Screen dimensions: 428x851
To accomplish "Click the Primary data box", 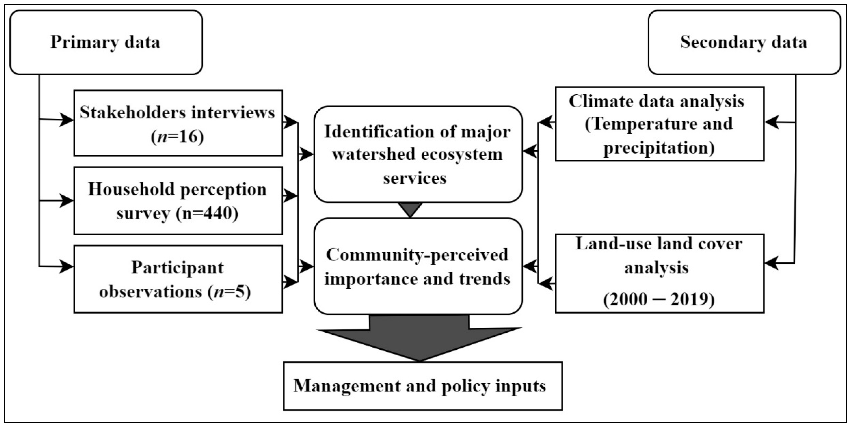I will point(106,42).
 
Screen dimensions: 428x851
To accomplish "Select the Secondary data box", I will point(744,42).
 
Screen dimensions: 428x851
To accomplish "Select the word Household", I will point(131,190).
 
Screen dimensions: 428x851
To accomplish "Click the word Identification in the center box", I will point(379,132).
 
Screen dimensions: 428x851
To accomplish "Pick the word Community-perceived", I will point(417,255).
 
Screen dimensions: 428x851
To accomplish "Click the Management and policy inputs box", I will point(423,386).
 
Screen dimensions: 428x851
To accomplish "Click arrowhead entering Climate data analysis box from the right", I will point(772,122).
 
